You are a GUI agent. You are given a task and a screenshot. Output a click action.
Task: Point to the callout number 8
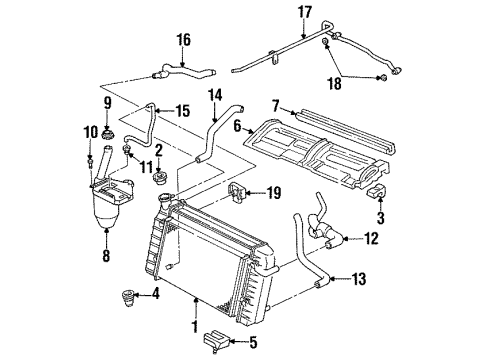point(106,255)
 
